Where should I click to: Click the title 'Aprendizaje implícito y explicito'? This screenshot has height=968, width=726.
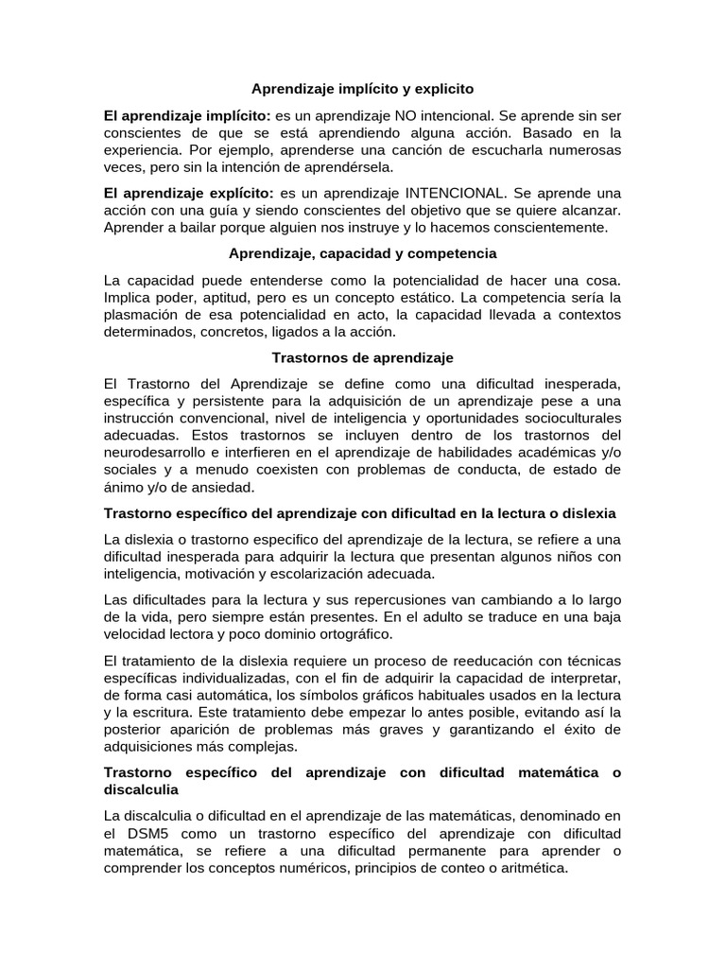pos(362,89)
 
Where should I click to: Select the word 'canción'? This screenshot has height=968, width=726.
pos(458,150)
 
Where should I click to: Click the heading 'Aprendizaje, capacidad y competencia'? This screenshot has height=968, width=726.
pos(362,253)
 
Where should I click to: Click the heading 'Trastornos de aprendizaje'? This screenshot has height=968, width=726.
pos(362,358)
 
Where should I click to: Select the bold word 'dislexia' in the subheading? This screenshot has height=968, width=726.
pos(586,512)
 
